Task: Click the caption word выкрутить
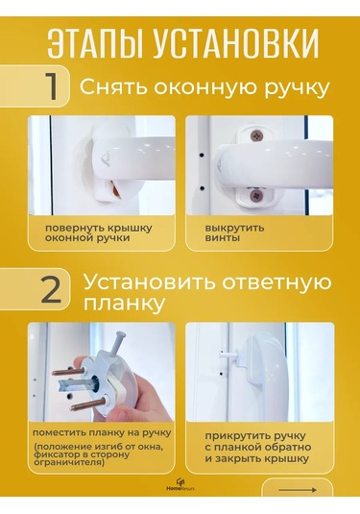[x=226, y=227]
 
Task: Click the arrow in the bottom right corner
[x=303, y=489]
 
